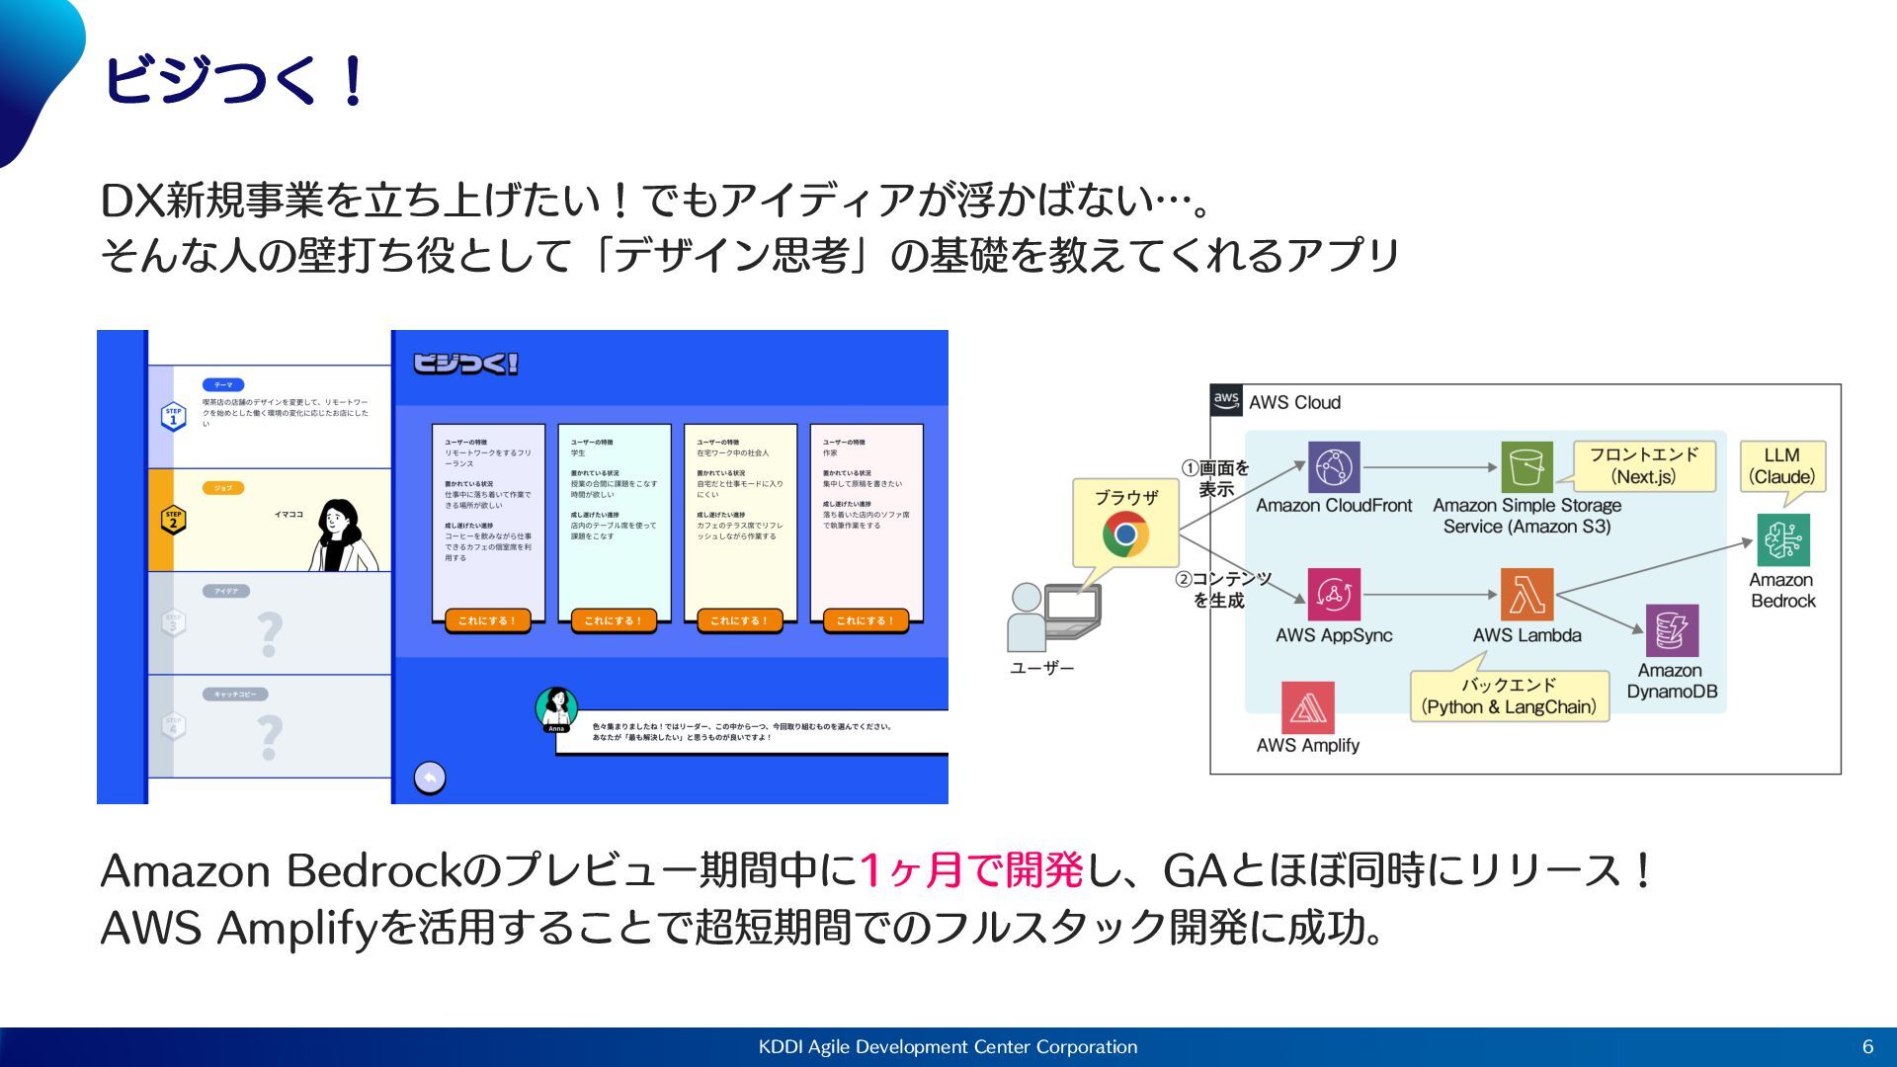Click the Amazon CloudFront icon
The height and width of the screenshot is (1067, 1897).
click(1334, 467)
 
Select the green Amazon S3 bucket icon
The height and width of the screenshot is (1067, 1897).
click(1526, 467)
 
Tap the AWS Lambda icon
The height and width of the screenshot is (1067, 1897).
click(1526, 594)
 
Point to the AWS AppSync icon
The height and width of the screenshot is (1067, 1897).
click(1334, 594)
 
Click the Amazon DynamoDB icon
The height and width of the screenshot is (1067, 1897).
click(1672, 630)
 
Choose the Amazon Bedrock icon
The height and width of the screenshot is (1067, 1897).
click(1782, 539)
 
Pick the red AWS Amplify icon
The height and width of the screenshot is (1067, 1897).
click(1307, 707)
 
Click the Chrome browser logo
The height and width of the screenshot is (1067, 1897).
click(1125, 534)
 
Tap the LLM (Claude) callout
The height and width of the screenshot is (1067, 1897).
click(1781, 466)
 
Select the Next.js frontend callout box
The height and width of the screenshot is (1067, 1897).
click(1643, 465)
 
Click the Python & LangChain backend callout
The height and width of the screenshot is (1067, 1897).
click(1509, 696)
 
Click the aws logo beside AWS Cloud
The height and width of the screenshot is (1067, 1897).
click(1226, 400)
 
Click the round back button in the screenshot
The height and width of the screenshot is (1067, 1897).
click(430, 778)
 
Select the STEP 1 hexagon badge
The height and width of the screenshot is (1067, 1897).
click(174, 416)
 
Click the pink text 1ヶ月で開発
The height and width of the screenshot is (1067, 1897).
click(972, 870)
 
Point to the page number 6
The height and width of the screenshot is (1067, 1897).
click(1867, 1046)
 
